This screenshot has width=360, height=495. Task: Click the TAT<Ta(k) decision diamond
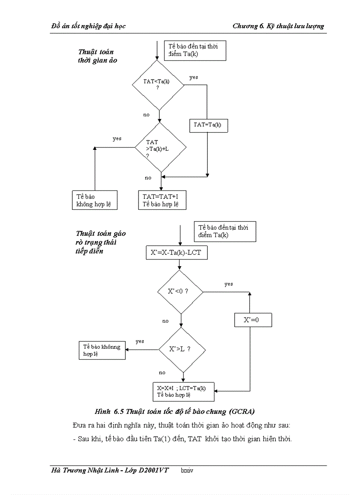(x=158, y=85)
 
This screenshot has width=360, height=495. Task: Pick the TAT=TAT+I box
(x=162, y=200)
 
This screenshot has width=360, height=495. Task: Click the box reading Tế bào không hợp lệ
(x=94, y=200)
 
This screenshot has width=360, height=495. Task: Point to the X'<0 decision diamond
(x=180, y=292)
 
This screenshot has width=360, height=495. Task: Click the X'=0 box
(x=252, y=320)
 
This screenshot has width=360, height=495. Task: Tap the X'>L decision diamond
(x=181, y=349)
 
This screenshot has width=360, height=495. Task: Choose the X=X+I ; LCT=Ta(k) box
(x=183, y=391)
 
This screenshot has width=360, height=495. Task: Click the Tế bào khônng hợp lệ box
(x=102, y=350)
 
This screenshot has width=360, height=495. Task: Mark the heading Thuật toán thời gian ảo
(x=97, y=56)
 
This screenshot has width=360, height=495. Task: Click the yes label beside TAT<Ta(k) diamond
(x=194, y=78)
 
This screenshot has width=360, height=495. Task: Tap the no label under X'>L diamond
(x=162, y=373)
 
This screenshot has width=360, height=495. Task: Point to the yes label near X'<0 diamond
(x=229, y=284)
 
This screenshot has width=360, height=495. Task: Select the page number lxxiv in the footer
(x=187, y=470)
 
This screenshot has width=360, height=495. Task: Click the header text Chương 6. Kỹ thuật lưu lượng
(x=278, y=26)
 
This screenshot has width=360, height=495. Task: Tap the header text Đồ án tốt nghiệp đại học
(x=88, y=26)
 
